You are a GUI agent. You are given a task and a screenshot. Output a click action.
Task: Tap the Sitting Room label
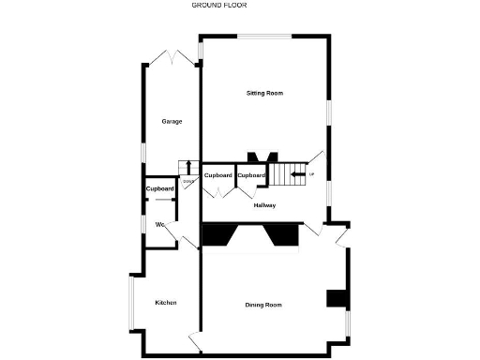264,93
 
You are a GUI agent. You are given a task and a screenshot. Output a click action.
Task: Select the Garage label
171,121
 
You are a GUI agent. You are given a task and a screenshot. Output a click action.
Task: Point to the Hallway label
263,205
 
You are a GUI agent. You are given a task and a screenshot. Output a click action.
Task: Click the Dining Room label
263,305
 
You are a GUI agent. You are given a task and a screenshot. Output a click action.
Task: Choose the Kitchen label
166,302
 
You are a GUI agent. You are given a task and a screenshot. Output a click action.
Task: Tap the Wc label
160,224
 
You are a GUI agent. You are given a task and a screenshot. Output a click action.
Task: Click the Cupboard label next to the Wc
160,189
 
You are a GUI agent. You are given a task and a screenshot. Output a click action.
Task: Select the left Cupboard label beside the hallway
218,175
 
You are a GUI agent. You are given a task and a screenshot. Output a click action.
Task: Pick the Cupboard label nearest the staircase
250,175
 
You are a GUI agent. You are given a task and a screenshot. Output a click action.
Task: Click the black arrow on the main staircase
299,173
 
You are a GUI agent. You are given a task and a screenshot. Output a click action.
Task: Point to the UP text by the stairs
312,173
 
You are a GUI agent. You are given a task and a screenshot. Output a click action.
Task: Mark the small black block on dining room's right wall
335,298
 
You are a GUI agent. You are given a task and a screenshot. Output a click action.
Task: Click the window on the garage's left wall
142,151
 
